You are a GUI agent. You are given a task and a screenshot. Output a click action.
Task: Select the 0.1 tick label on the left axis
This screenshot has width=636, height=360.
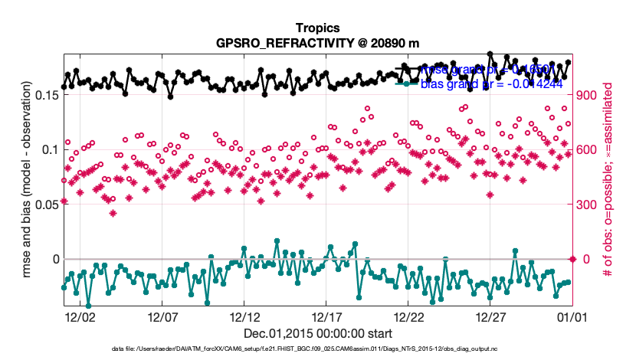click(x=48, y=149)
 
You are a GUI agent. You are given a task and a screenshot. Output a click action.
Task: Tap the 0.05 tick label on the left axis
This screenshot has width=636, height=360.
click(x=44, y=205)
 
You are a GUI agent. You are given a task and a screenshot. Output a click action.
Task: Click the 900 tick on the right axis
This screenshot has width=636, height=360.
click(x=587, y=95)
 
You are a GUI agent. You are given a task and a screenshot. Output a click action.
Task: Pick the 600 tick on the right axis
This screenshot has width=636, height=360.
click(x=587, y=149)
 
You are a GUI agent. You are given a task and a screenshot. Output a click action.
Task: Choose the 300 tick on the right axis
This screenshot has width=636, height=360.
click(x=587, y=205)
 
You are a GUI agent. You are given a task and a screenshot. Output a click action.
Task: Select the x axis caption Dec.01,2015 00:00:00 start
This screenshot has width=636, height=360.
click(x=317, y=333)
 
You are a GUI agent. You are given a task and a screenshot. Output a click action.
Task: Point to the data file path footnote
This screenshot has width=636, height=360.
click(x=317, y=350)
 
